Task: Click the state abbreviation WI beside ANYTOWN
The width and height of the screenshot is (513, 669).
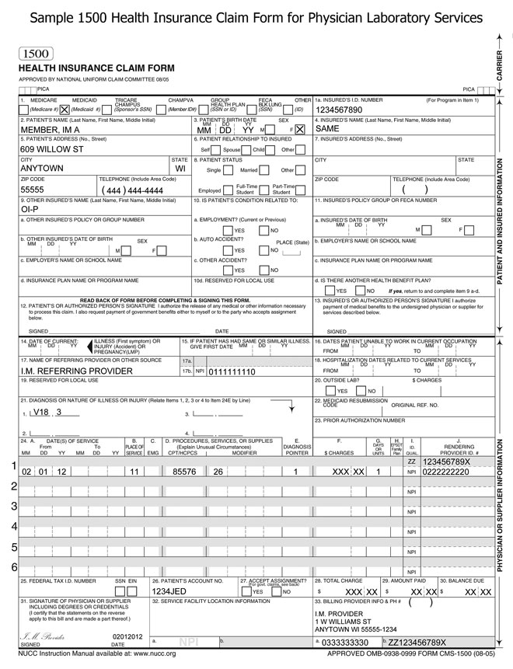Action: click(x=180, y=168)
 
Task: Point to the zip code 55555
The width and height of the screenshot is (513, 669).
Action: click(x=32, y=189)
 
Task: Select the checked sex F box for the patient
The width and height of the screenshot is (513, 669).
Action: click(x=300, y=130)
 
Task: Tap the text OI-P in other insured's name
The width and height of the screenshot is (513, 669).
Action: click(x=30, y=209)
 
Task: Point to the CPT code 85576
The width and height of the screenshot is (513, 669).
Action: click(x=184, y=471)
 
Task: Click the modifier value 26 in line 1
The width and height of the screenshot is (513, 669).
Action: click(x=218, y=471)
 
